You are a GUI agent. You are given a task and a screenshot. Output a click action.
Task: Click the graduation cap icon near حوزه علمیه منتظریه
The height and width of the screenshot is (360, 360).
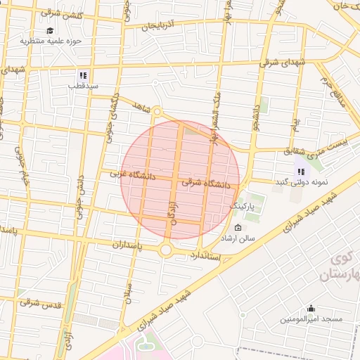(x=50, y=31)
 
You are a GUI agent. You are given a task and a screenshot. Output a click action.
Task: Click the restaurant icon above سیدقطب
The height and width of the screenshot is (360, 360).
(x=83, y=75)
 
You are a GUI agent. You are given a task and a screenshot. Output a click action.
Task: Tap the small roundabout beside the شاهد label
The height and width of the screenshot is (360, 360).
(x=157, y=112)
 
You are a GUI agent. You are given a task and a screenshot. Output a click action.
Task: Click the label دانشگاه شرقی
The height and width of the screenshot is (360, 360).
(x=205, y=183)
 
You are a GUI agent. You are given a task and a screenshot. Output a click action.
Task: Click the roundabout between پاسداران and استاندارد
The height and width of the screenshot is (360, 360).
(x=167, y=249)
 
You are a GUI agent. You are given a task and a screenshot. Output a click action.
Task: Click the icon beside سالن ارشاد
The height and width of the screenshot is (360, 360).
(x=238, y=228)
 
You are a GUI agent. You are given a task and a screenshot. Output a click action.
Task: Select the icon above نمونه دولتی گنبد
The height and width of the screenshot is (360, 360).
(x=301, y=171)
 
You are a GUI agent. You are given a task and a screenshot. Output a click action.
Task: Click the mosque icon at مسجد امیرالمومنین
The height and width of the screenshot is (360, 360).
(x=311, y=308)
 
